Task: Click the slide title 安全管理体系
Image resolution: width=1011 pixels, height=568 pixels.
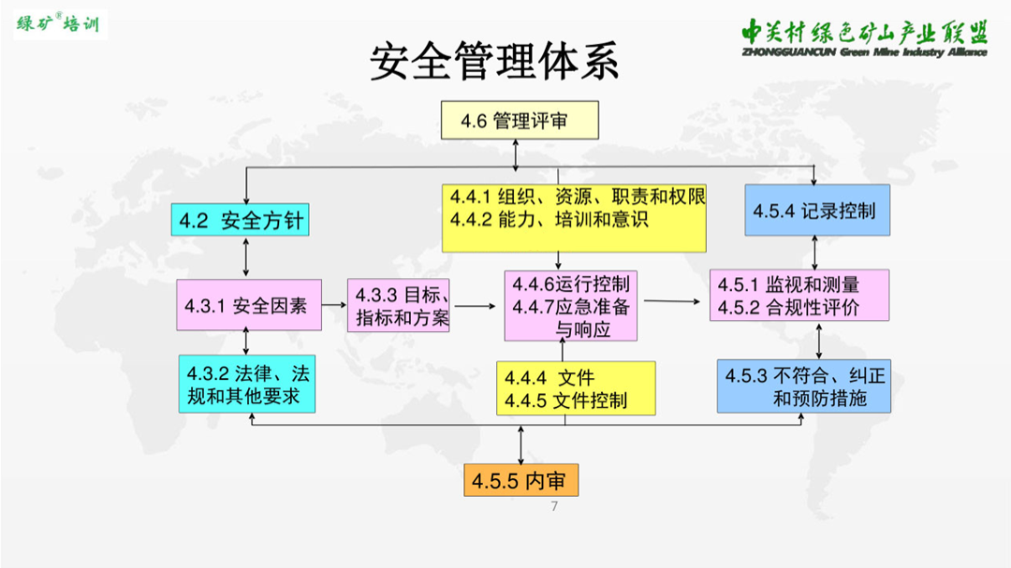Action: [x=494, y=62]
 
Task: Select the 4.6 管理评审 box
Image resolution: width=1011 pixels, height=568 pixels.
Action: [x=520, y=120]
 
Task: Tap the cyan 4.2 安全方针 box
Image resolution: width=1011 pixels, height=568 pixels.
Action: [x=240, y=220]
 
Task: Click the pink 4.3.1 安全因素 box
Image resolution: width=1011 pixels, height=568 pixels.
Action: [x=249, y=305]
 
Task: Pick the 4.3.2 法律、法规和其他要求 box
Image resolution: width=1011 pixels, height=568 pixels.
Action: [x=247, y=384]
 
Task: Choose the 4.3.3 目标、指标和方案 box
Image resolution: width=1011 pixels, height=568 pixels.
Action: [x=399, y=306]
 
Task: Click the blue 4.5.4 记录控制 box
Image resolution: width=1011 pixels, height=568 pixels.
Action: [x=817, y=211]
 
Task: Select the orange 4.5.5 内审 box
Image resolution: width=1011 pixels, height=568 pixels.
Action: [x=521, y=480]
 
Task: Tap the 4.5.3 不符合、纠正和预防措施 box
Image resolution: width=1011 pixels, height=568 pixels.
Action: [x=804, y=386]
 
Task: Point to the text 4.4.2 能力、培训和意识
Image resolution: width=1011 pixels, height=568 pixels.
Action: [x=549, y=220]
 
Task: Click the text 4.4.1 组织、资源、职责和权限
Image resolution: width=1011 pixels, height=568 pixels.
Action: [x=578, y=197]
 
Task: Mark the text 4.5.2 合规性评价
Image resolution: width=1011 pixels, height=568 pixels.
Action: [x=788, y=308]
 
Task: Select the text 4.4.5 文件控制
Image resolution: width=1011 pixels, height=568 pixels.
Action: [x=565, y=401]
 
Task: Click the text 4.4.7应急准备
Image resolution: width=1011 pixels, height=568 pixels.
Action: [x=571, y=307]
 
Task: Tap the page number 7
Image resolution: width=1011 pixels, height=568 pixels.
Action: [x=554, y=506]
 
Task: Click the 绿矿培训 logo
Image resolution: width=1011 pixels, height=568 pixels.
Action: [x=60, y=24]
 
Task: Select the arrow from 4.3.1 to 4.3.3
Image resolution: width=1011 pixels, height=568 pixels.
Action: [x=334, y=304]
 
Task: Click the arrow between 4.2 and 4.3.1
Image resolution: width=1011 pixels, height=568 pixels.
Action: [x=245, y=257]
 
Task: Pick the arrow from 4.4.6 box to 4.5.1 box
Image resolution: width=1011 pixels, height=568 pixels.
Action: [x=672, y=301]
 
